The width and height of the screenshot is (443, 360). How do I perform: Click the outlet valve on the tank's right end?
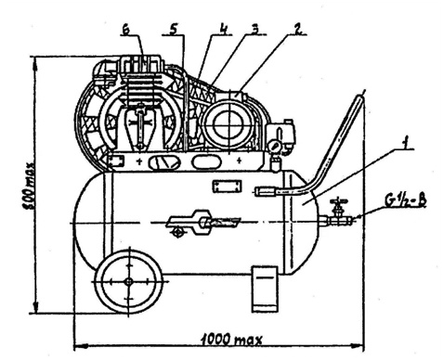click(339, 214)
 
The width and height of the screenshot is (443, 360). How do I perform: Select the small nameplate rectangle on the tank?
click(225, 186)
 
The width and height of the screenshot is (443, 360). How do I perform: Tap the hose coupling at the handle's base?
click(266, 191)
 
